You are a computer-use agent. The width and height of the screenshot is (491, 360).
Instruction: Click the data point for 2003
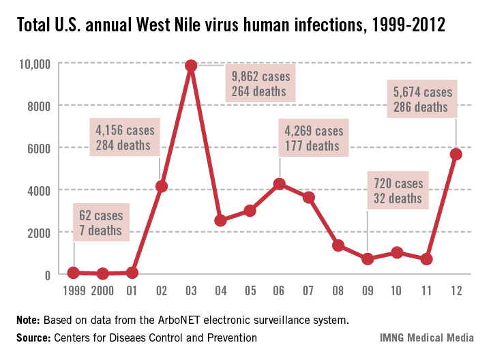pyautogui.click(x=191, y=65)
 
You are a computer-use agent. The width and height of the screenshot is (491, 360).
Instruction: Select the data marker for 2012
pyautogui.click(x=456, y=154)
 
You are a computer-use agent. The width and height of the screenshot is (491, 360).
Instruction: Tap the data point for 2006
pyautogui.click(x=279, y=183)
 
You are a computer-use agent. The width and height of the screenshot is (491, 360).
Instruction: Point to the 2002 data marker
pyautogui.click(x=162, y=186)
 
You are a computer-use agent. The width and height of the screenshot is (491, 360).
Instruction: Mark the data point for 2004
pyautogui.click(x=220, y=220)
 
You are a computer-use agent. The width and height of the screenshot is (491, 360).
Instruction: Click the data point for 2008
pyautogui.click(x=338, y=245)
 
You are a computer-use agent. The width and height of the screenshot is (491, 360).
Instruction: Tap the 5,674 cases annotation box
pyautogui.click(x=423, y=99)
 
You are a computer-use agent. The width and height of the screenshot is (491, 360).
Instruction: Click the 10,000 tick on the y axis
pyautogui.click(x=33, y=64)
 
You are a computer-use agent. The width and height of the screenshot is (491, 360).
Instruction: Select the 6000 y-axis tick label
pyautogui.click(x=38, y=148)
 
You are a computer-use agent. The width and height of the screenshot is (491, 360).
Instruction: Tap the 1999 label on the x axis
pyautogui.click(x=73, y=291)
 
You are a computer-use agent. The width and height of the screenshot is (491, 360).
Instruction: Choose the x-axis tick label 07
pyautogui.click(x=309, y=291)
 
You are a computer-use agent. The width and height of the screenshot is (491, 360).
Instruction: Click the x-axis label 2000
pyautogui.click(x=103, y=291)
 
